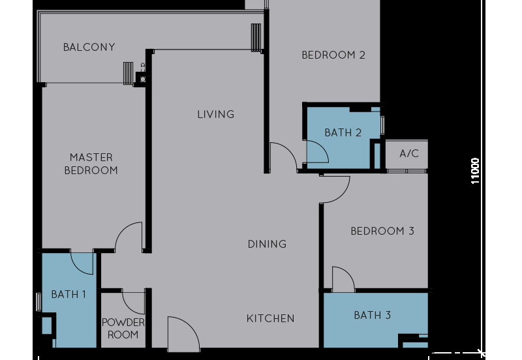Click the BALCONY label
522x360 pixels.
[x=89, y=47]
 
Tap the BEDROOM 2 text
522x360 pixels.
[x=333, y=55]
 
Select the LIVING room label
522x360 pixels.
[x=216, y=114]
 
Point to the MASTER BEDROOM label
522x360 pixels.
[x=91, y=164]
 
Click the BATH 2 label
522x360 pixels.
[x=343, y=132]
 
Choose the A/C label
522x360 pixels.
[x=409, y=154]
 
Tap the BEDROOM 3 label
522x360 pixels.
[x=382, y=231]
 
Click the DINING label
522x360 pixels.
[x=267, y=244]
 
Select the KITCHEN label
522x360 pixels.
[x=270, y=318]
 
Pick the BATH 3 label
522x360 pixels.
[x=372, y=315]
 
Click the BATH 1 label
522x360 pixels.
[x=69, y=294]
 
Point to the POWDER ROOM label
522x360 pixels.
[x=123, y=328]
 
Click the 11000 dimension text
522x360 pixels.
[x=476, y=171]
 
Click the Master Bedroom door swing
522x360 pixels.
[x=129, y=237]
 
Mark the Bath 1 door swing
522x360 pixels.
[x=83, y=263]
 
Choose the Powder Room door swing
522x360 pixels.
[x=133, y=302]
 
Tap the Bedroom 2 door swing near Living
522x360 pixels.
[x=283, y=157]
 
